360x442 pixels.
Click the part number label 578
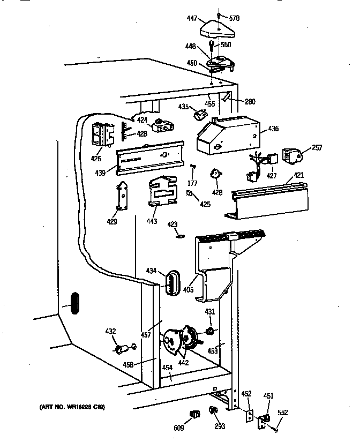234,18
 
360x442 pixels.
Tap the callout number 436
273,128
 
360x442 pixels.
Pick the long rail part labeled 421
268,202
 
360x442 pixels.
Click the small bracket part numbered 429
123,196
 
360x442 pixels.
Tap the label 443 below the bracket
152,221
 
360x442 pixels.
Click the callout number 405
187,290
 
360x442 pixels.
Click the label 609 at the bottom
178,428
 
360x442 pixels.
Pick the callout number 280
250,101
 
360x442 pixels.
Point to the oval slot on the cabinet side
73,303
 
